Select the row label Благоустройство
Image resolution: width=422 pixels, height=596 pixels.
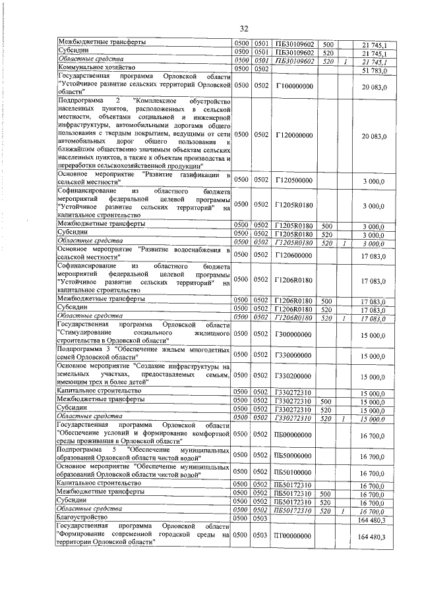tap(82, 518)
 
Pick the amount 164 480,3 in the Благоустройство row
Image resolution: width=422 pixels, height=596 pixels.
tap(372, 519)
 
